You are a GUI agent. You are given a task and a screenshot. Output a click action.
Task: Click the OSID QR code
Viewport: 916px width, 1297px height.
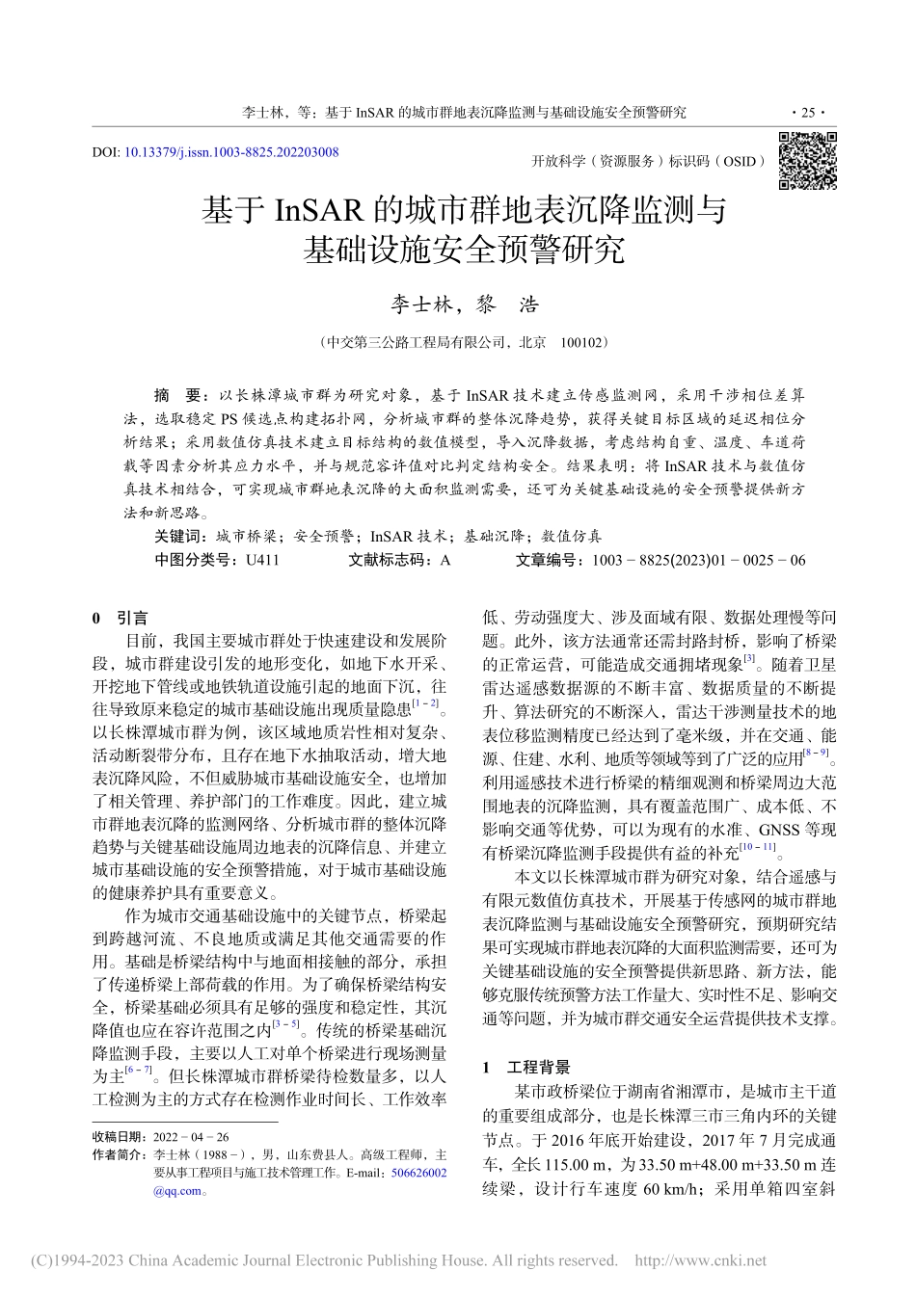pos(807,160)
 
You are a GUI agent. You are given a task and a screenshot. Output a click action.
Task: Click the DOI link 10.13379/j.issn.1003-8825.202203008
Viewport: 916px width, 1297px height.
pos(231,152)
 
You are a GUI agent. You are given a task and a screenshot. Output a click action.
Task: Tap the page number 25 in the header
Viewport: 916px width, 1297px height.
pos(808,113)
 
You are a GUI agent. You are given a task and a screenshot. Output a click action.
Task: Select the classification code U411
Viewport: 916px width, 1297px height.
pos(262,559)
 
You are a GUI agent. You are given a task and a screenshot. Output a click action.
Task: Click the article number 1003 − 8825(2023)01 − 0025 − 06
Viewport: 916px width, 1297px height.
pos(698,559)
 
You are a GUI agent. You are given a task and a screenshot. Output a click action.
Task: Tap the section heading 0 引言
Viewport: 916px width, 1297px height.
pos(120,618)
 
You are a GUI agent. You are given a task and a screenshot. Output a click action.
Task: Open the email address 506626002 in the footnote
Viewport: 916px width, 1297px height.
pos(418,1173)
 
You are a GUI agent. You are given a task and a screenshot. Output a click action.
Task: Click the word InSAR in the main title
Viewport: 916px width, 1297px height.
pos(319,209)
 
